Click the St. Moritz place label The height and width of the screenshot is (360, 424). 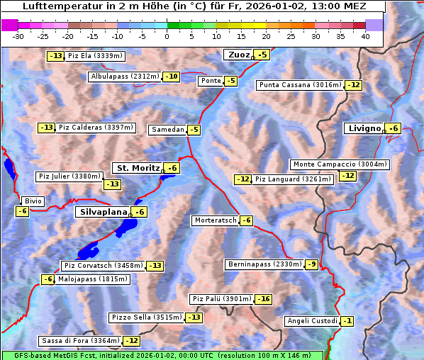[x=138, y=168]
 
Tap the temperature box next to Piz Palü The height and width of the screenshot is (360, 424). [x=263, y=299]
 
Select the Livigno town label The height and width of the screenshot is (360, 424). [x=364, y=128]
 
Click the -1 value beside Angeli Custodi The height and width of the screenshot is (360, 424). [x=347, y=321]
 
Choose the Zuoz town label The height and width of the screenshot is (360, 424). [x=238, y=55]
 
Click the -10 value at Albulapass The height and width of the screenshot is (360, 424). [x=171, y=77]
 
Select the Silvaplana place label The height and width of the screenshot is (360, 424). [x=103, y=212]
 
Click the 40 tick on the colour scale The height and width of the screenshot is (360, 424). [x=365, y=35]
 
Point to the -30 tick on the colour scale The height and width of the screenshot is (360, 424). [x=18, y=35]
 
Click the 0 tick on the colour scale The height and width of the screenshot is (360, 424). [x=167, y=35]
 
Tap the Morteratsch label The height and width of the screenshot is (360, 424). [x=215, y=220]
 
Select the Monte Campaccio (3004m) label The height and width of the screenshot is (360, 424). [x=340, y=164]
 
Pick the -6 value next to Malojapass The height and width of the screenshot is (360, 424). [x=48, y=279]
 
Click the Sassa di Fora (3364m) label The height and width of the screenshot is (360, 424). [x=80, y=341]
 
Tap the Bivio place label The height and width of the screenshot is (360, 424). [x=33, y=201]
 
